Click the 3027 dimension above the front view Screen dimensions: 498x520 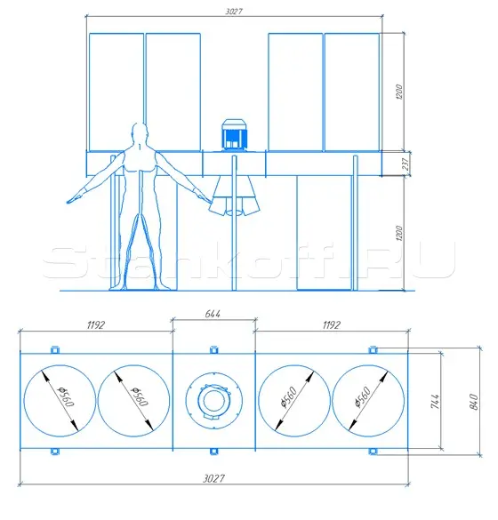pyautogui.click(x=234, y=12)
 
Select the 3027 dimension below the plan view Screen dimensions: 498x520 pyautogui.click(x=213, y=478)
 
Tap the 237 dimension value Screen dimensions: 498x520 pyautogui.click(x=406, y=164)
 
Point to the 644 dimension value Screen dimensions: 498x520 pyautogui.click(x=213, y=314)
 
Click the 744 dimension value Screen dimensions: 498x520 pyautogui.click(x=435, y=401)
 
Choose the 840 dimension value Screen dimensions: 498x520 pyautogui.click(x=474, y=402)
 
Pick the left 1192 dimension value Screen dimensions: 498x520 pyautogui.click(x=96, y=325)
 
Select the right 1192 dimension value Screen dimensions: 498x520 pyautogui.click(x=332, y=325)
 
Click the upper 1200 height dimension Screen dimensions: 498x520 pyautogui.click(x=399, y=92)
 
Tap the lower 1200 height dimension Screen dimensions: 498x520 pyautogui.click(x=399, y=233)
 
